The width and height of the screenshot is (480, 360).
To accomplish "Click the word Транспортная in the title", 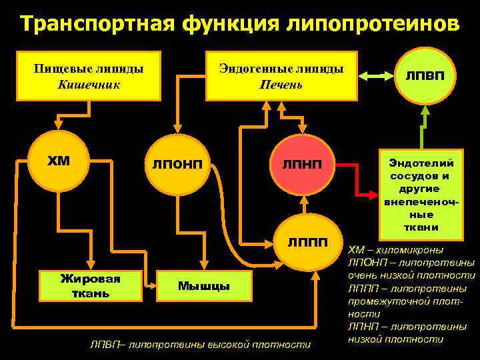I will pos(93,24).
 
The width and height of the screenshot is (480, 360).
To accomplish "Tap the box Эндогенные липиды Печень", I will pos(281,75).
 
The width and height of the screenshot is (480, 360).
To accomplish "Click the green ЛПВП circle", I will pos(421,75).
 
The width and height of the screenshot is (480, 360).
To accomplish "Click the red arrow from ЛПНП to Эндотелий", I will pos(360,188).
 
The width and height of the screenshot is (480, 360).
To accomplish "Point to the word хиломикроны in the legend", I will pos(414,250).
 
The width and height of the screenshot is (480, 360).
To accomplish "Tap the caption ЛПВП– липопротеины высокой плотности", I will pos(200,345).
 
